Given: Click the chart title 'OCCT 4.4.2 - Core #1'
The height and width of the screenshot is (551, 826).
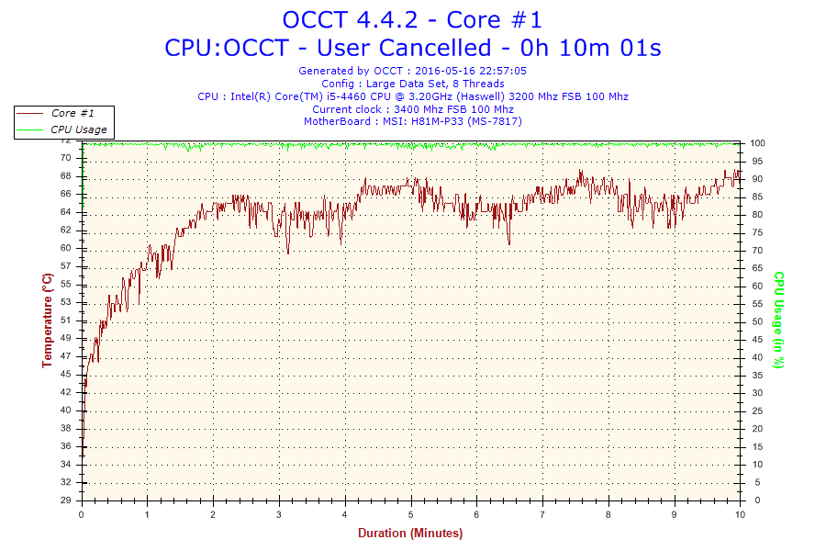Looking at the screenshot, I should pos(412,19).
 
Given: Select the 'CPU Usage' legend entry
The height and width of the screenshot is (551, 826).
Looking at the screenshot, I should pos(78,129).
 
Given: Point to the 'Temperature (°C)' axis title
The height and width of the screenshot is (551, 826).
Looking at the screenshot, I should pos(47,320).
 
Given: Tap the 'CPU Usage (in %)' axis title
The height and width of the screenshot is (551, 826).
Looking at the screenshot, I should pos(778,320).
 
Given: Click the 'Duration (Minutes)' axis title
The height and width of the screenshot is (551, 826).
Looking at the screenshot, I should pos(410,534).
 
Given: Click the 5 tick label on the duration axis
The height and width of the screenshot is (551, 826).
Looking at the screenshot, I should pos(411,514).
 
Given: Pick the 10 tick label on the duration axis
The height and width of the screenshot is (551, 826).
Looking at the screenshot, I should pos(740,514).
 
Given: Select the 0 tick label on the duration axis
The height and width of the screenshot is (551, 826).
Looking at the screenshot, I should pos(83,514).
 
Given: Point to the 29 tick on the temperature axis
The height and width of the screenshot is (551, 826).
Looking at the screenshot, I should pos(66,500).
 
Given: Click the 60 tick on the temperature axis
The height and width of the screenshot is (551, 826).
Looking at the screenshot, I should pos(66,248).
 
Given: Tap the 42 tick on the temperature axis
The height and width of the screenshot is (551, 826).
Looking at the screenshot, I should pos(66,392).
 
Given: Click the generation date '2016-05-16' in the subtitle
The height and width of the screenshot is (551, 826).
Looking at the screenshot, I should pos(444,71).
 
